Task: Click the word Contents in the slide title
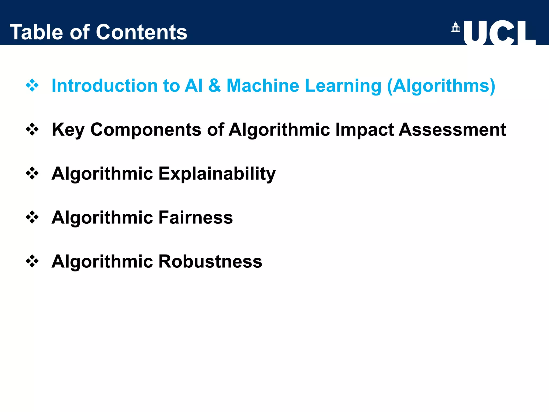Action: (x=142, y=32)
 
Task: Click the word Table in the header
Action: (x=36, y=32)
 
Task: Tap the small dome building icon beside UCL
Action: (x=455, y=27)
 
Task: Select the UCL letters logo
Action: (x=499, y=33)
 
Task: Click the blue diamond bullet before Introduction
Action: (x=32, y=86)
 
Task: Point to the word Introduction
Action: (x=104, y=86)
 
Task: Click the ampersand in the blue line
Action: (x=214, y=86)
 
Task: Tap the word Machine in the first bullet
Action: (x=263, y=86)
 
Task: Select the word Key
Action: (x=68, y=130)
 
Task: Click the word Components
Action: (x=146, y=130)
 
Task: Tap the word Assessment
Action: (x=452, y=130)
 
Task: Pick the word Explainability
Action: (x=217, y=174)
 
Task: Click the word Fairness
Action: (x=196, y=217)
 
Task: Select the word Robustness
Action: (x=210, y=261)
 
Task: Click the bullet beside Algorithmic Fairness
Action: (x=32, y=217)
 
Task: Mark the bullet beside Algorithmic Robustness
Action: (x=32, y=261)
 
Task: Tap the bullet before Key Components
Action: (x=32, y=130)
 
